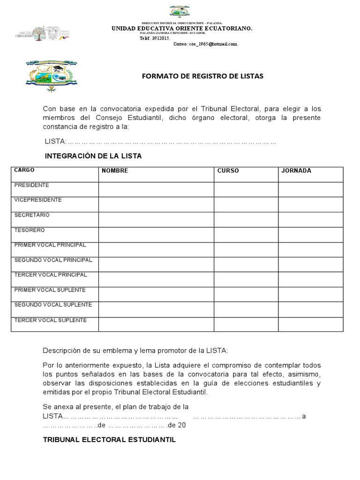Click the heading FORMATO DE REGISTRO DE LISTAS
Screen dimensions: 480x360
203,76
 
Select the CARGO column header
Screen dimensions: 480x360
24,170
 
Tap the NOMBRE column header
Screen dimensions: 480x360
115,171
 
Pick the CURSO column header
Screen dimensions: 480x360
228,171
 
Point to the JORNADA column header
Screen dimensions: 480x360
296,171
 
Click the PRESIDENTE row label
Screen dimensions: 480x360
32,185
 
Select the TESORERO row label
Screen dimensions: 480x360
30,230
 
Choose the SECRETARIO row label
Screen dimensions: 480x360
32,215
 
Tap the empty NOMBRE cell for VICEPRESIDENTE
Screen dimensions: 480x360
156,204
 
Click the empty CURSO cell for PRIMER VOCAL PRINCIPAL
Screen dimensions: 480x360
246,249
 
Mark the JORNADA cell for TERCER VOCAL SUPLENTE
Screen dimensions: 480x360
311,324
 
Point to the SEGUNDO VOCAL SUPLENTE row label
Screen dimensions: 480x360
53,305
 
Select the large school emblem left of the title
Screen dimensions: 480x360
52,75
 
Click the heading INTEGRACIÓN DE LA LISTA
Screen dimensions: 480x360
93,156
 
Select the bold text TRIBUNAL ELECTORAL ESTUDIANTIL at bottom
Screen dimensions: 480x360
109,440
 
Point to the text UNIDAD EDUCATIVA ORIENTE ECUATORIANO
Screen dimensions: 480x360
182,29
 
